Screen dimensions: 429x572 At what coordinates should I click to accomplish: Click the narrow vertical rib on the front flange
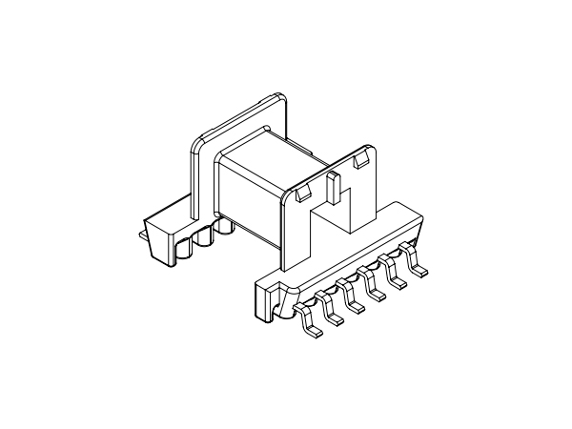click(x=333, y=191)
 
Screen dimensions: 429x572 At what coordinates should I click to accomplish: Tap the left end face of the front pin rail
click(x=261, y=301)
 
